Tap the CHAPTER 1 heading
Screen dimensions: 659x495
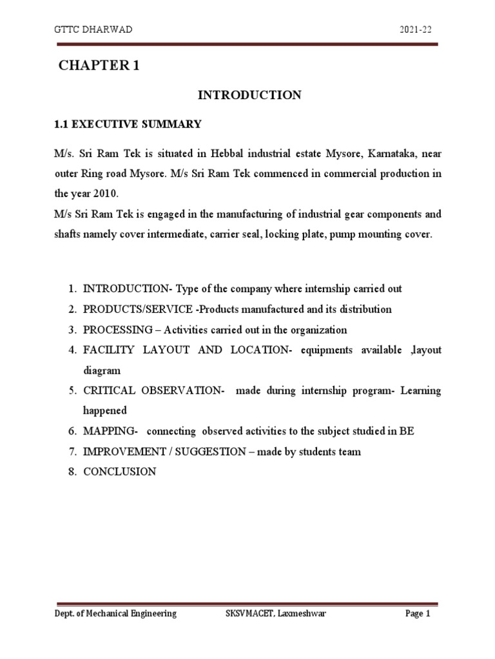point(99,66)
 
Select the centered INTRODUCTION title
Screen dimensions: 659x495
point(249,95)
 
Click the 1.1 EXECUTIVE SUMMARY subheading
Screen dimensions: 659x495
point(128,124)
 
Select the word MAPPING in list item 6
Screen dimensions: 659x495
point(107,431)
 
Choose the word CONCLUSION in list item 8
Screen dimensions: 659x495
point(119,472)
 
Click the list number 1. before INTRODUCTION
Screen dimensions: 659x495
point(73,289)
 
